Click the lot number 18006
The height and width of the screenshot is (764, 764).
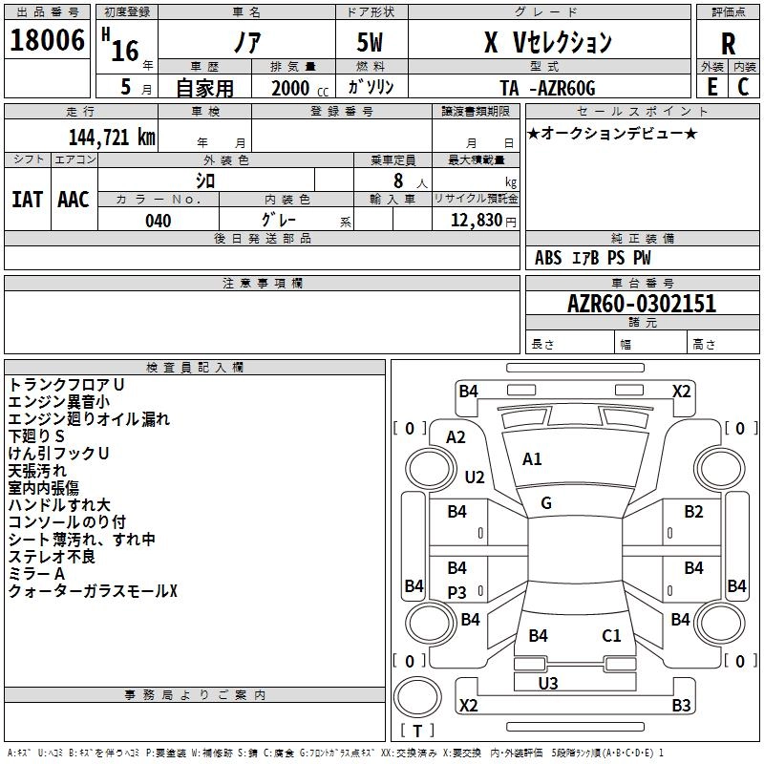point(47,40)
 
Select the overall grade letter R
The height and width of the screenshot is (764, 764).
point(728,44)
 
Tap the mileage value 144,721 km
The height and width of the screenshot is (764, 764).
point(112,138)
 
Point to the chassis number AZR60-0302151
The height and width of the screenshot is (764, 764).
point(642,304)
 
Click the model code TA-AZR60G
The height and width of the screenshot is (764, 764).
point(547,88)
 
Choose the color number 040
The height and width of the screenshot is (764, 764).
point(158,221)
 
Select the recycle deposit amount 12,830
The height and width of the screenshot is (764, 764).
point(476,221)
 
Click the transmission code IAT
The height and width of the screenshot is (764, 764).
point(27,200)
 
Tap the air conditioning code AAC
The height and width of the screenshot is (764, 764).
point(74,200)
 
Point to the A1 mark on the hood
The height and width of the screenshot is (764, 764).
point(532,459)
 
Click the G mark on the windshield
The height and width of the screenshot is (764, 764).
point(546,503)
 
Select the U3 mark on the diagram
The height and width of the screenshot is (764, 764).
point(547,683)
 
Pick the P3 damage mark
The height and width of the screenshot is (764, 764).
point(456,592)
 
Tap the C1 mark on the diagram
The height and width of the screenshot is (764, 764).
point(611,635)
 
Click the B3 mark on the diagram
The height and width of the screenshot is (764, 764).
point(681,705)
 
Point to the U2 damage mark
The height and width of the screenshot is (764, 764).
point(475,477)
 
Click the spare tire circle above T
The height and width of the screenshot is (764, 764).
point(417,697)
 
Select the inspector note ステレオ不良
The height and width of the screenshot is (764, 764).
point(52,557)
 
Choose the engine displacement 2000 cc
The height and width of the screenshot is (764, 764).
point(300,88)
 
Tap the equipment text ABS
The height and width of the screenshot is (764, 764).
point(548,258)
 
